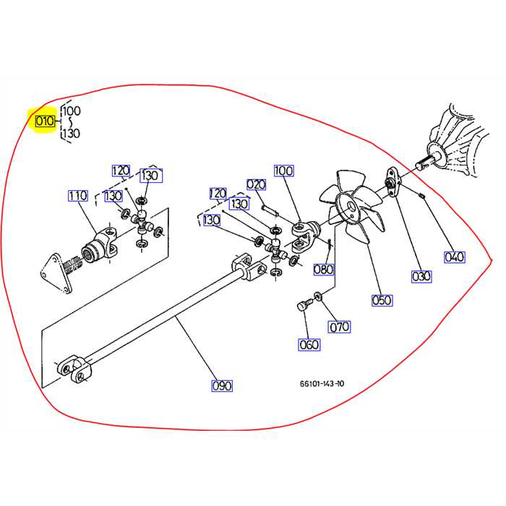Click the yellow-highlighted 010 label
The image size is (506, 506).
45,121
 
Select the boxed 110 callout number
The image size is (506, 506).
77,196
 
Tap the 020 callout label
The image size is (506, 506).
257,184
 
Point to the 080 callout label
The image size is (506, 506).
324,270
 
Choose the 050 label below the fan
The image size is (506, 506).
382,300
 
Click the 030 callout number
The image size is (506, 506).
421,275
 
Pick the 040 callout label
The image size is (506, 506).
455,257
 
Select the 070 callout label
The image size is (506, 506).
340,327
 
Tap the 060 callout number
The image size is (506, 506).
309,345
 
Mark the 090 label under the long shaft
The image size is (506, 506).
222,386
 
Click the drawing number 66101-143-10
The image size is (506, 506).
322,385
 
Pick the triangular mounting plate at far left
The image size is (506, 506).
55,272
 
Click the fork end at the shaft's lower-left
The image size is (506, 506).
73,369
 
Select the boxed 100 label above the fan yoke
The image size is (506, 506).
284,171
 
